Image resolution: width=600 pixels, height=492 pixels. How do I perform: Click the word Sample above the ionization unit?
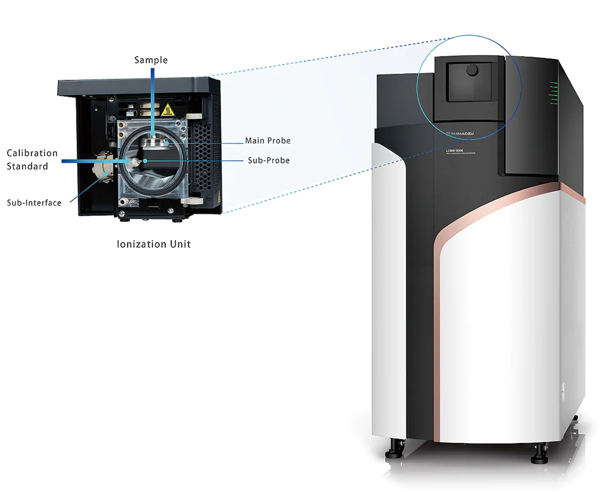click(x=151, y=60)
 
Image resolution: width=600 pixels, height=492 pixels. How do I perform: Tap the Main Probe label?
click(x=268, y=141)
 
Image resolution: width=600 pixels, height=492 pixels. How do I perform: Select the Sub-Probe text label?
click(x=269, y=160)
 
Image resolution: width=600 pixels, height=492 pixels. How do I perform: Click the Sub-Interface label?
click(x=34, y=203)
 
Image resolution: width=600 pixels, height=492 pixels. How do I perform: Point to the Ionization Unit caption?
click(x=153, y=244)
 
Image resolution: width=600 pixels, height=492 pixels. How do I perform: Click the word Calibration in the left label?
click(x=32, y=153)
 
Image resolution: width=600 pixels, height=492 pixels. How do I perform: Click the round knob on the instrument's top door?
click(x=472, y=70)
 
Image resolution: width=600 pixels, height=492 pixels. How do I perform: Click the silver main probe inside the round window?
click(x=154, y=142)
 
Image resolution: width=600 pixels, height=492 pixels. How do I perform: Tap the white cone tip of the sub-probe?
click(x=133, y=161)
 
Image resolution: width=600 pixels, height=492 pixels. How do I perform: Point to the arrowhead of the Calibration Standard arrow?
click(x=130, y=161)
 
